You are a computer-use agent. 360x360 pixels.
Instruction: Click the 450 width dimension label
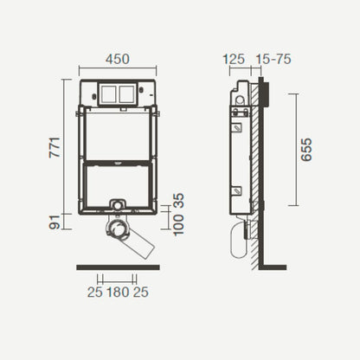pos(118,59)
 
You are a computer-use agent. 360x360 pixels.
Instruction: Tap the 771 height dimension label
pos(55,147)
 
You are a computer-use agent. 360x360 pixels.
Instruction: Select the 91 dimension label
pos(55,222)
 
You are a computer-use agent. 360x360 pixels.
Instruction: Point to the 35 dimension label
pos(178,201)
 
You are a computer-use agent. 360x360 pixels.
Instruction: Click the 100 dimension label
pos(178,225)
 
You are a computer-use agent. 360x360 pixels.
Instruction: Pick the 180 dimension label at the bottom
pos(118,292)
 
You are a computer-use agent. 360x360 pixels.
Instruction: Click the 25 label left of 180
pos(95,292)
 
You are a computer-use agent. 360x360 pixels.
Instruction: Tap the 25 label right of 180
pos(141,292)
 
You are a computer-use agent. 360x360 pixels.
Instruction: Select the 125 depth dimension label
pos(234,59)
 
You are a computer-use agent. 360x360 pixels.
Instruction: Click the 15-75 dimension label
pos(273,59)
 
